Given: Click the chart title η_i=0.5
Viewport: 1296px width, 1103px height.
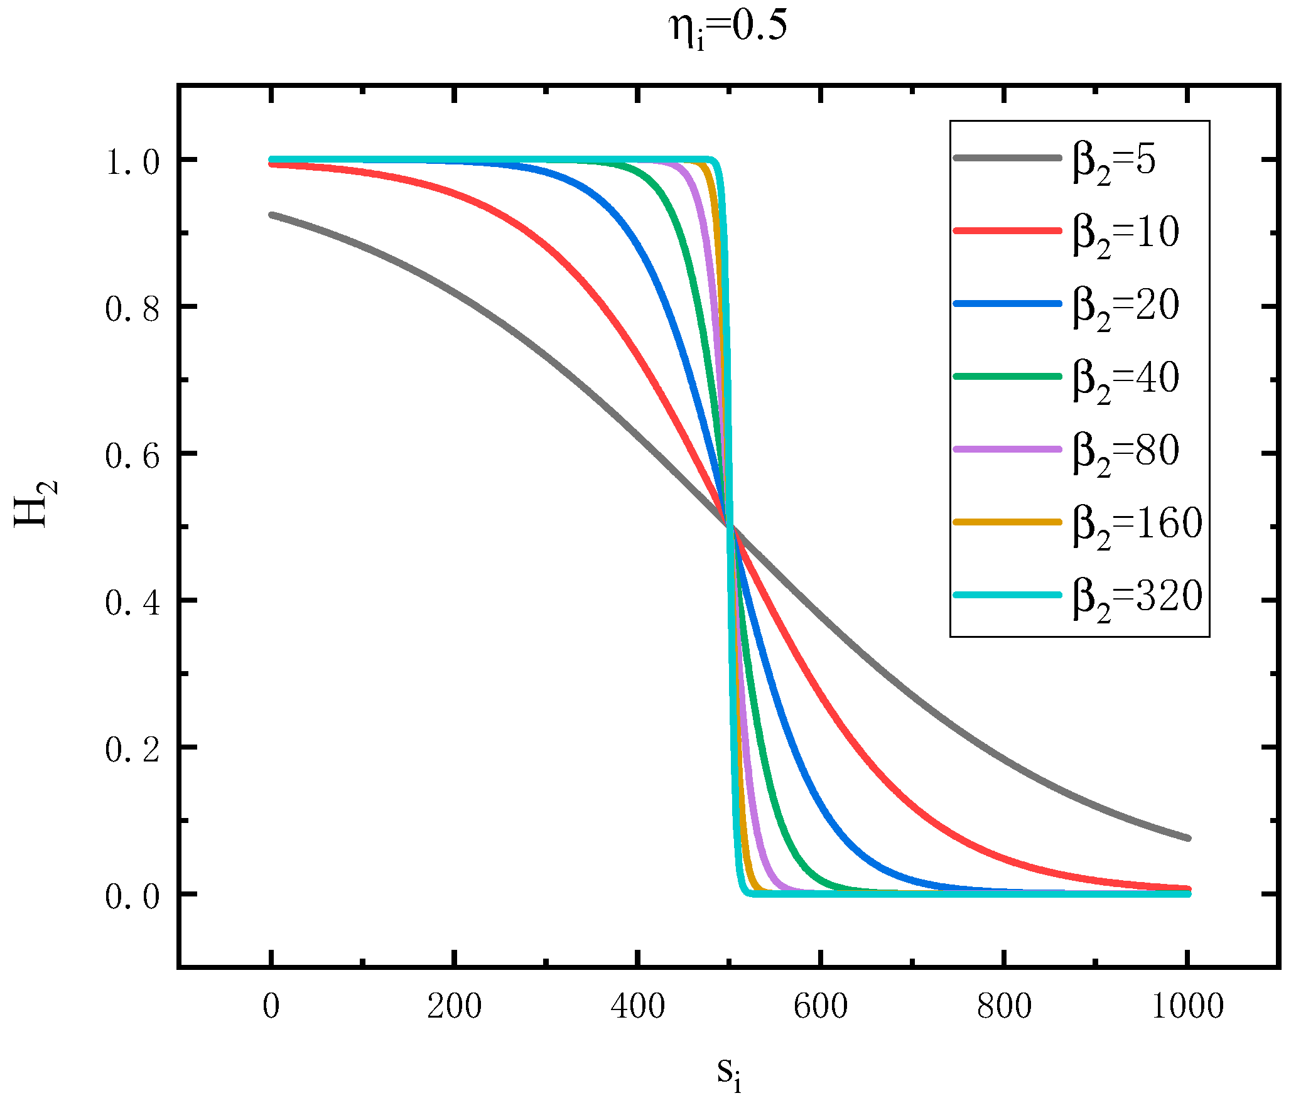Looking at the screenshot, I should [x=728, y=29].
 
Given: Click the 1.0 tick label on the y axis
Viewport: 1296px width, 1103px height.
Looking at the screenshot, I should [x=132, y=162].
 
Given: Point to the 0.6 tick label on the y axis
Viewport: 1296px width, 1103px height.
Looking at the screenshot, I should [x=132, y=456].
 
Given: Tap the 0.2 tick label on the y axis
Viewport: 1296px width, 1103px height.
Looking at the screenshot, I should [x=132, y=750].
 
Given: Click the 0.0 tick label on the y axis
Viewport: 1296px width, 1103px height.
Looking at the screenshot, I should [x=132, y=896].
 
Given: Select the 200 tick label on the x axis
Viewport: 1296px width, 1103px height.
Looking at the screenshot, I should [x=454, y=1006].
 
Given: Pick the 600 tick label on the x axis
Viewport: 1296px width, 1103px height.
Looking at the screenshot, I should [x=821, y=1006].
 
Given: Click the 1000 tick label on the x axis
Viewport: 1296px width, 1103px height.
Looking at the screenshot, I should [x=1187, y=1006].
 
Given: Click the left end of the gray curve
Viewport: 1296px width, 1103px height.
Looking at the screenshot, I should [x=271, y=215].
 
